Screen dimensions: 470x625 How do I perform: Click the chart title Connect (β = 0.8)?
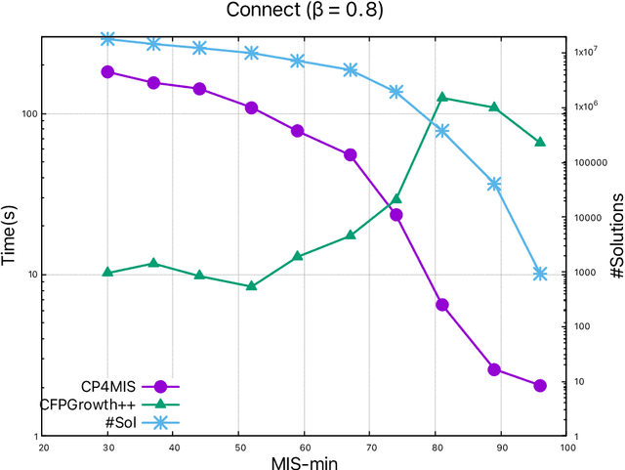click(x=305, y=11)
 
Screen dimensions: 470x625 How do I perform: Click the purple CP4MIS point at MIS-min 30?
click(x=108, y=72)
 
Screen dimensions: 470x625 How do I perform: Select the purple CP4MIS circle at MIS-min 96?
click(x=540, y=386)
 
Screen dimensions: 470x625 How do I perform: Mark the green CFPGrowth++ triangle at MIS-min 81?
click(x=442, y=98)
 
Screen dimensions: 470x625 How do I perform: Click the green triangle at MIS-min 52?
click(x=252, y=286)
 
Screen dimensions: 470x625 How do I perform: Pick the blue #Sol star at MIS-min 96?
click(x=540, y=274)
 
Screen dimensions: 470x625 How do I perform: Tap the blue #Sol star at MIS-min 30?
click(x=108, y=39)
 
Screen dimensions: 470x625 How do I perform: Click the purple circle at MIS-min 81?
click(x=442, y=305)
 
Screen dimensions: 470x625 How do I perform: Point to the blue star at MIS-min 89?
click(x=494, y=184)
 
